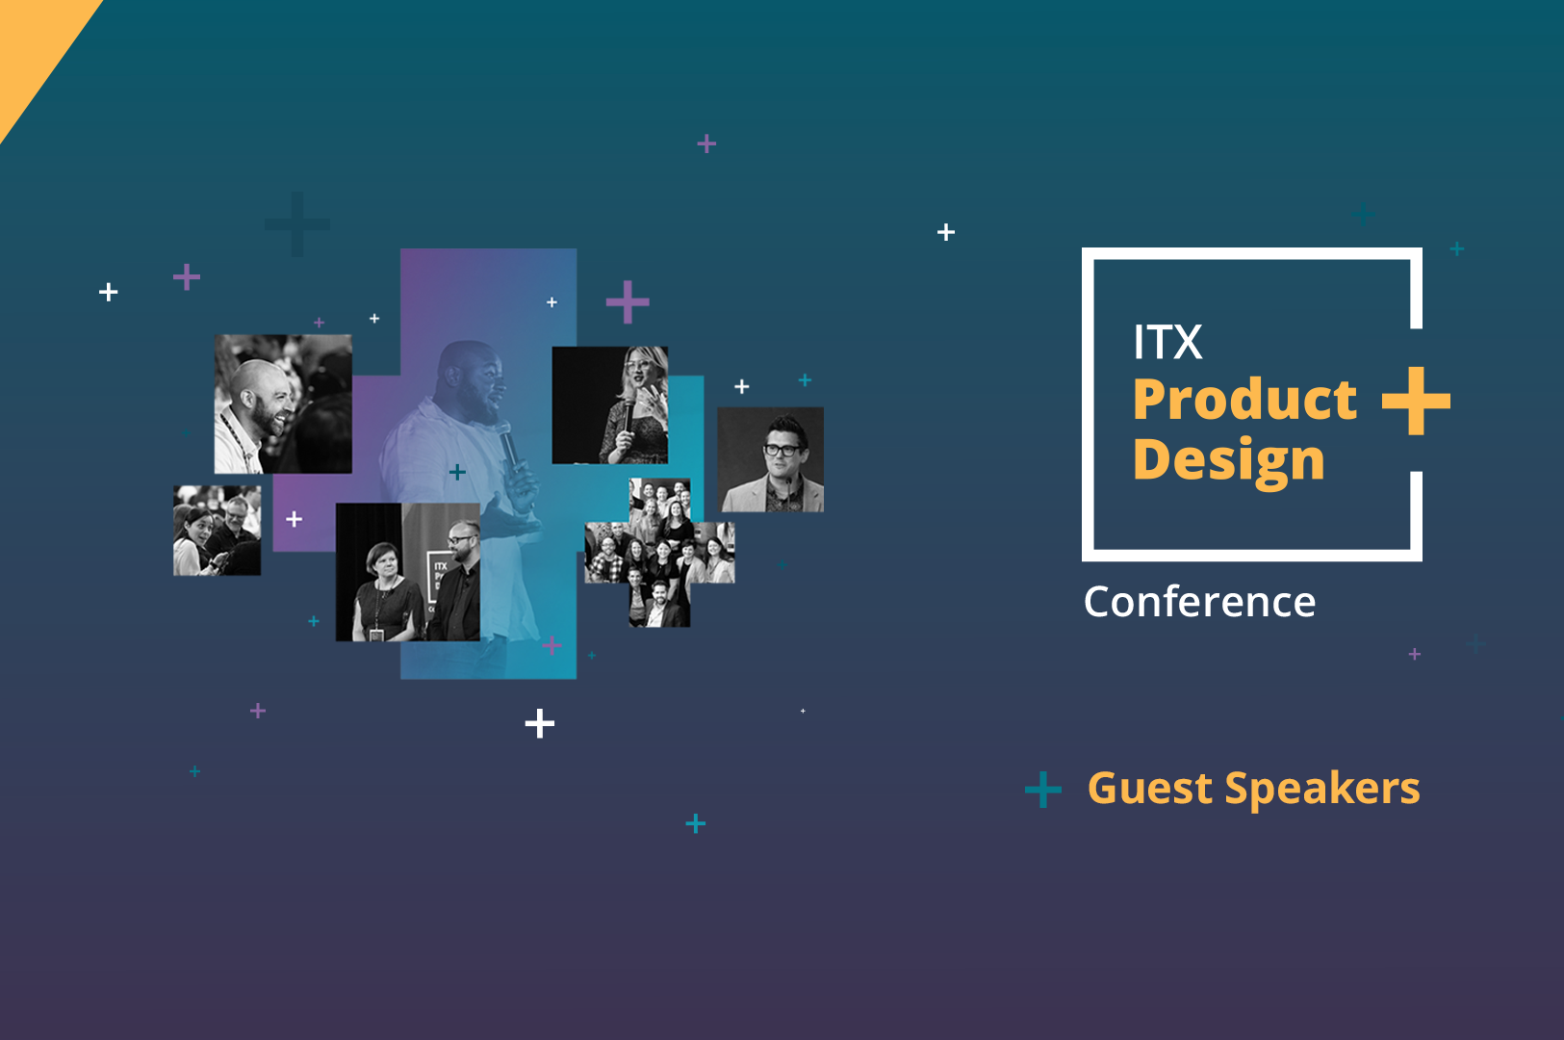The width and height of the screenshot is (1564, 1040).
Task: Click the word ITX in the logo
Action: pos(1167,342)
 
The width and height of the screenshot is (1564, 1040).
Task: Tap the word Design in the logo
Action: pos(1229,461)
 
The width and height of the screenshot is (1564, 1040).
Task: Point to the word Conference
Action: pos(1199,601)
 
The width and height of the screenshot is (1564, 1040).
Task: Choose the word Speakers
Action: pos(1322,790)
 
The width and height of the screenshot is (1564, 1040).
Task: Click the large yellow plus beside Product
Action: pos(1416,401)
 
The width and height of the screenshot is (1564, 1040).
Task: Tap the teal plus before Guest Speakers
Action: pos(1043,790)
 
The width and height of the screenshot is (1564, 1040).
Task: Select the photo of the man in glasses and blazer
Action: pos(771,459)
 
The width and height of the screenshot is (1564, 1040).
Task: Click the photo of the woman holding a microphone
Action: pos(610,405)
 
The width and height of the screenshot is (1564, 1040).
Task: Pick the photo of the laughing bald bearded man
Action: pos(283,403)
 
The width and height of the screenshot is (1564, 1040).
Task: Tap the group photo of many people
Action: pos(660,553)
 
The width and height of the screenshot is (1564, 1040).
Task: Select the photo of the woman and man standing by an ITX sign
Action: pos(408,572)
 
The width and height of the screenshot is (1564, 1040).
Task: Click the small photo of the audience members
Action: pos(218,531)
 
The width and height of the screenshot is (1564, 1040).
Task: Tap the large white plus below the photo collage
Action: pos(540,723)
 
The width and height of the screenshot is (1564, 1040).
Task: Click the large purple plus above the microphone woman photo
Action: pos(628,301)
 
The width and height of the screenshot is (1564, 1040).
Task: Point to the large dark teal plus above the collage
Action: pos(297,224)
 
